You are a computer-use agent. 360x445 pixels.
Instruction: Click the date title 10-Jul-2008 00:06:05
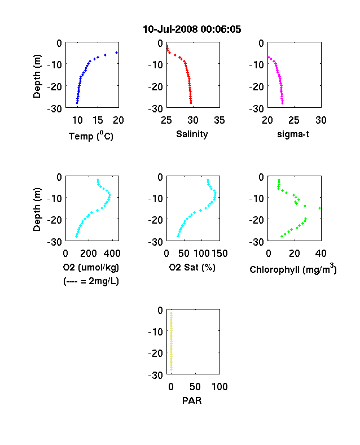coord(192,29)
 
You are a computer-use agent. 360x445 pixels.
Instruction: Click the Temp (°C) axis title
coord(91,136)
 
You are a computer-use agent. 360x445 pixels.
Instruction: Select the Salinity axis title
coord(192,134)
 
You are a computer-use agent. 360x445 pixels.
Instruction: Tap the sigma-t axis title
coord(293,134)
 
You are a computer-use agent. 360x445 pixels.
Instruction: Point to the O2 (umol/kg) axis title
coord(91,267)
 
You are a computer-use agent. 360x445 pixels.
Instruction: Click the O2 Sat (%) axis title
coord(192,267)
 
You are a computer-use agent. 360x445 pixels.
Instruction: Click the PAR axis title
coord(192,400)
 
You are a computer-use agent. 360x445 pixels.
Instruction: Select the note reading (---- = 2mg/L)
coord(91,281)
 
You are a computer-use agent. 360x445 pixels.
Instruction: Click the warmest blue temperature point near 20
coord(116,53)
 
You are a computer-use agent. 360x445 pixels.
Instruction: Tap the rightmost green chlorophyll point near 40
coord(320,208)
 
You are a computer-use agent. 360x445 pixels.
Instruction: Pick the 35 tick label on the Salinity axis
coord(219,120)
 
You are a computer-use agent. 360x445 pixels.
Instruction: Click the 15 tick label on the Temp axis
coord(98,120)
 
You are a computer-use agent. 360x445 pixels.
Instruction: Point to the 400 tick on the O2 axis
coord(112,254)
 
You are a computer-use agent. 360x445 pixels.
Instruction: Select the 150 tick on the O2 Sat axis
coord(219,254)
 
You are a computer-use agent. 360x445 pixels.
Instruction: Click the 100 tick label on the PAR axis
coord(219,387)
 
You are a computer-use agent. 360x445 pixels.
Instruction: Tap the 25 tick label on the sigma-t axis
coord(294,120)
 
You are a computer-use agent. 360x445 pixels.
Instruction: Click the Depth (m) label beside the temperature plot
coord(37,76)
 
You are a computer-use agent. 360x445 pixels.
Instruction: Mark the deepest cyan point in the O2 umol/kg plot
coord(76,236)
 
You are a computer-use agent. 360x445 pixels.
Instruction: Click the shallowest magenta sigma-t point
coord(269,58)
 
